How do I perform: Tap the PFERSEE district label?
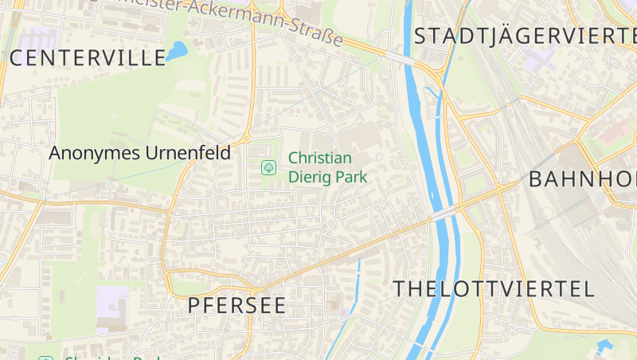pyautogui.click(x=236, y=305)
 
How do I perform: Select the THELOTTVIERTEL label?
pyautogui.click(x=494, y=288)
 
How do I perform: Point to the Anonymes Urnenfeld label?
pyautogui.click(x=139, y=153)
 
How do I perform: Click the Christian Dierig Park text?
pyautogui.click(x=327, y=167)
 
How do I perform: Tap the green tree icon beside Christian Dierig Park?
pyautogui.click(x=268, y=167)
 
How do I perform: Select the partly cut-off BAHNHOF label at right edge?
pyautogui.click(x=582, y=178)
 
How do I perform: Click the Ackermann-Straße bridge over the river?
pyautogui.click(x=402, y=58)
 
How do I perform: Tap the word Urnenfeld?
pyautogui.click(x=187, y=153)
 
